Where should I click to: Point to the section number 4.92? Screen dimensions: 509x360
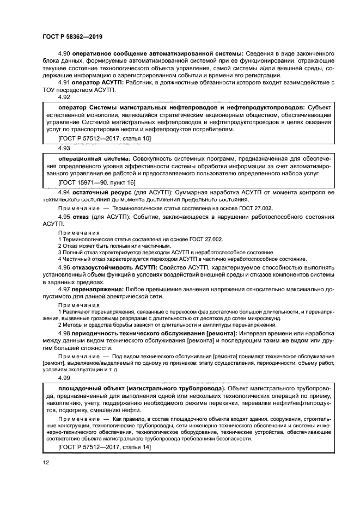coord(64,96)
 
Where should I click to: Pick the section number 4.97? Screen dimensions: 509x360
coord(64,289)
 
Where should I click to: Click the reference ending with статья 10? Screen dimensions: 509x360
coord(103,139)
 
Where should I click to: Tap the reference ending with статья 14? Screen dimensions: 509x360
coord(103,446)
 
